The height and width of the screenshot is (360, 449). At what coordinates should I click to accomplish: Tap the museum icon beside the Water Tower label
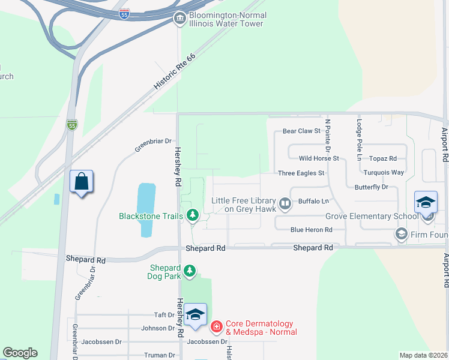coord(179,19)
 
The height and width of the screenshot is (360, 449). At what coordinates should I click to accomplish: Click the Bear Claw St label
coord(302,130)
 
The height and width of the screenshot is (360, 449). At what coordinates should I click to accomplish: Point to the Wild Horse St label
coord(319,158)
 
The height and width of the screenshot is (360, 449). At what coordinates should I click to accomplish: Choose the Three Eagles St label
coord(301,173)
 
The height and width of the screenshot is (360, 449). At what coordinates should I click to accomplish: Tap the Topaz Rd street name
coord(384,158)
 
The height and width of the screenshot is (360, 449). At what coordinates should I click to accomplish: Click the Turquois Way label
coord(384,172)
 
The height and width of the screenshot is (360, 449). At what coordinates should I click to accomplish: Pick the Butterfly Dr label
coord(371,187)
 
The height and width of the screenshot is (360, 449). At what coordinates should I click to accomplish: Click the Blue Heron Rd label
coord(311,230)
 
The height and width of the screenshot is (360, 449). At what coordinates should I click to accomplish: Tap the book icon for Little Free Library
coord(285,204)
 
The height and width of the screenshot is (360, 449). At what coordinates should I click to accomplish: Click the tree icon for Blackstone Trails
coord(192,215)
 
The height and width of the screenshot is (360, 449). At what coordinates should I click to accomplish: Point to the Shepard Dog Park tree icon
coord(190,271)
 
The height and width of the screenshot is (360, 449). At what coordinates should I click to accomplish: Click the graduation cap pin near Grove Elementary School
coord(426,202)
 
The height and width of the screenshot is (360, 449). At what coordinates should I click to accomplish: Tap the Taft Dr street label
coord(164,314)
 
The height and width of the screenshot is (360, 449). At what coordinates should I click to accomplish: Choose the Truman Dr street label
coord(160,355)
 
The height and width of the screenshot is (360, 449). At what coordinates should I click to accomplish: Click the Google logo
coord(20,353)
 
